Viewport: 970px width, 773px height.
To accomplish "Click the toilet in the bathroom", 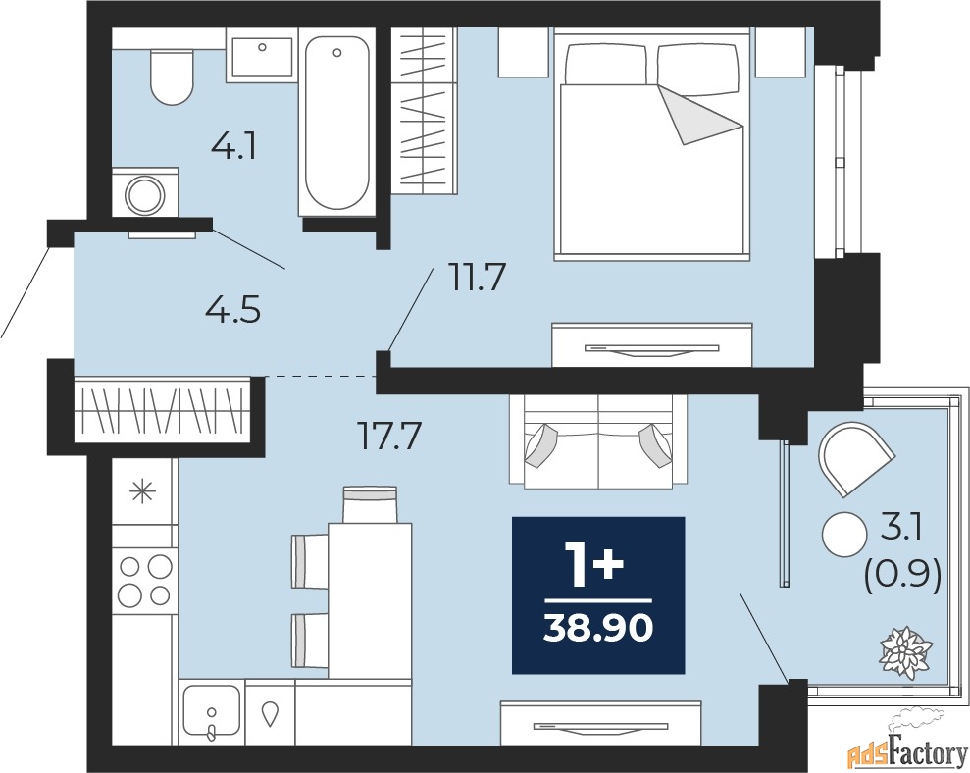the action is coord(172,77).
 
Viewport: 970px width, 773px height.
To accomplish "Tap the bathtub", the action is coord(337,125).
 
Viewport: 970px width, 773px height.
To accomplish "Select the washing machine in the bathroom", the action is coord(145,192).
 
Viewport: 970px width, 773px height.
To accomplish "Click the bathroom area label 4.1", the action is coord(233,147).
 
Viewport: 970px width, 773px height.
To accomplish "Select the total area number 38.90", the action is coord(598,629).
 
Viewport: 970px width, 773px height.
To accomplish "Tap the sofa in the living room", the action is coord(598,440).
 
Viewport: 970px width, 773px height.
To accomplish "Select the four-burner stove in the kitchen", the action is coord(145,581).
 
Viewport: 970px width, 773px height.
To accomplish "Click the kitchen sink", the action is coord(212,712).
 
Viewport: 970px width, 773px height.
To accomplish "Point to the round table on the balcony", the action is coord(844,535).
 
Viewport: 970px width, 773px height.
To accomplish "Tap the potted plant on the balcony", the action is coord(905,653).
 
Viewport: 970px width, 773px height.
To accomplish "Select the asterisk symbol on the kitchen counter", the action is coord(142,493).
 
